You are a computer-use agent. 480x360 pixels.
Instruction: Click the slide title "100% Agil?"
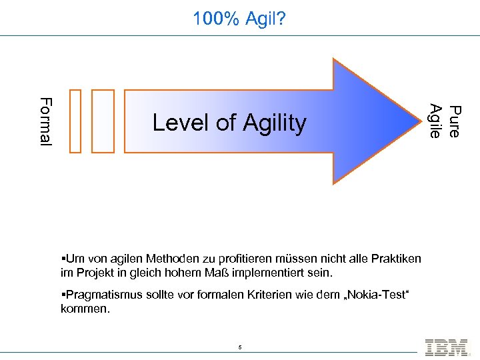[x=239, y=19]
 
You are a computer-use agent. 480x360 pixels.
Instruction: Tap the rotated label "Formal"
[x=45, y=121]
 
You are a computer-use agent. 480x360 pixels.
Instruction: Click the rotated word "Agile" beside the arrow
[x=436, y=121]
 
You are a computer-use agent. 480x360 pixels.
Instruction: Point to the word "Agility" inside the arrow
[x=274, y=123]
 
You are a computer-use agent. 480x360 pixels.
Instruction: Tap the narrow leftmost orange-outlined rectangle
[x=75, y=121]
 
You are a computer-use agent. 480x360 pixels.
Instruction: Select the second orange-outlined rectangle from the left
[x=103, y=121]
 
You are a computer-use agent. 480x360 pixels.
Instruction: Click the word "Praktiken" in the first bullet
[x=397, y=259]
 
